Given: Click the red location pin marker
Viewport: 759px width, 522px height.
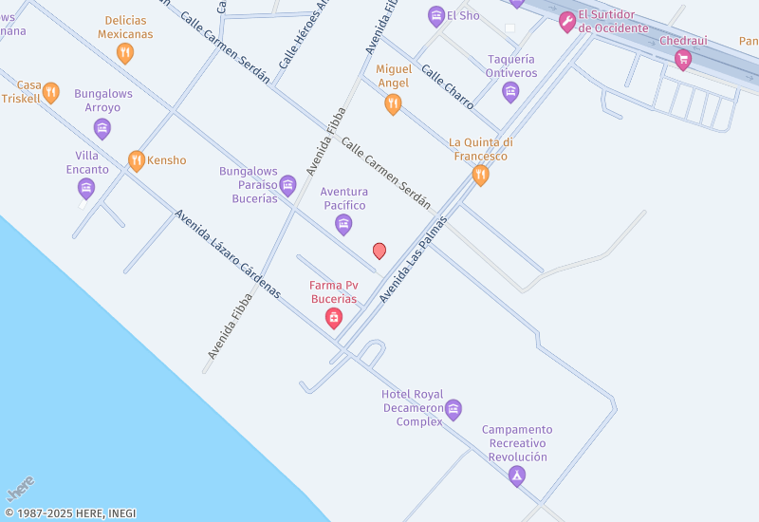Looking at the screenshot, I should (x=379, y=251).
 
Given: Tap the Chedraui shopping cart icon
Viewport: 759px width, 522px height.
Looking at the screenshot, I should (x=682, y=60).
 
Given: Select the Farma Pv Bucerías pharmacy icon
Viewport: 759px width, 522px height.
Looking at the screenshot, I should (x=334, y=318).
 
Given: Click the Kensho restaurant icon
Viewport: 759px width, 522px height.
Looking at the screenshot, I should (x=136, y=160).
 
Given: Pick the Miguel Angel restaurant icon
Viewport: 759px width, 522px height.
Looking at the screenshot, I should (x=393, y=104).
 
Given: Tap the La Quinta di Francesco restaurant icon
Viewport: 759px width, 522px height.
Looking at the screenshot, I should (x=481, y=175).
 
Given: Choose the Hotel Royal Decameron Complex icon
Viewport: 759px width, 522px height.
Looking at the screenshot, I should (x=454, y=410).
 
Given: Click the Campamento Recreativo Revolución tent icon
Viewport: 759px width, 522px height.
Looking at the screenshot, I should (x=517, y=475).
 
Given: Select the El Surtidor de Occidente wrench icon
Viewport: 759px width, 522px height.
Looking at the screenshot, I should (x=567, y=22).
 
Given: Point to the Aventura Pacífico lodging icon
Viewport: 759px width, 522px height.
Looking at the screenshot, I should (x=343, y=224).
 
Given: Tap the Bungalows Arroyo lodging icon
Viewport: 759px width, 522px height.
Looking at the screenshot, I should (x=102, y=128).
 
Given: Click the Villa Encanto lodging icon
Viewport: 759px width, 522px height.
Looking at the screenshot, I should (x=86, y=188).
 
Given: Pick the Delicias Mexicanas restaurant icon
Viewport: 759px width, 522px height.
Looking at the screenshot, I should (x=124, y=53).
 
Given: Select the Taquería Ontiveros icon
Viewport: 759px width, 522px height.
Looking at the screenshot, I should (x=510, y=91).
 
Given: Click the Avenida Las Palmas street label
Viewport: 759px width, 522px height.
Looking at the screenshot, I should (x=413, y=258).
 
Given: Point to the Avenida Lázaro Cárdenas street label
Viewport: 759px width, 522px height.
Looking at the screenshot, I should (x=228, y=253).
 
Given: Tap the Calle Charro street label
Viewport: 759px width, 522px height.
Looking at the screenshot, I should (x=447, y=86).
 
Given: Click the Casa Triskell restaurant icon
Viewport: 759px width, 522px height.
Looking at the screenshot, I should (x=51, y=92).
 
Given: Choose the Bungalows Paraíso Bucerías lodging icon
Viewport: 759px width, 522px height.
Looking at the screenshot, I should (x=287, y=185).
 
